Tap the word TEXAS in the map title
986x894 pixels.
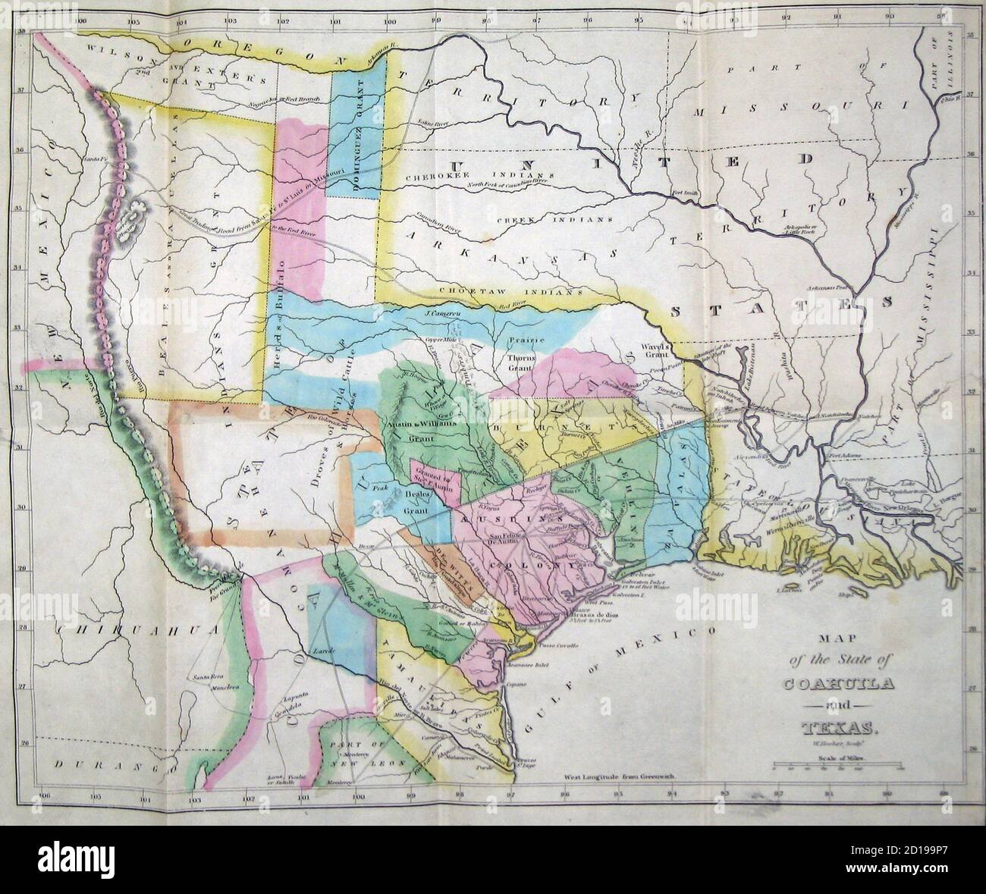tap(839, 730)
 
